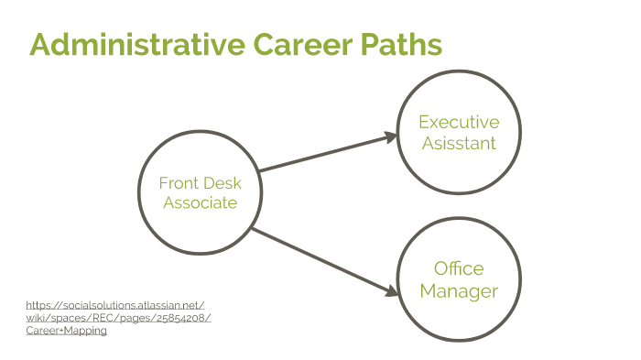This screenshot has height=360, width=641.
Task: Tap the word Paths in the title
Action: coord(399,44)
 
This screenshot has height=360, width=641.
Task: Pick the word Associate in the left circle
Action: coord(201,202)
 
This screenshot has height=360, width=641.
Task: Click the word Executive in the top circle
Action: coord(459,122)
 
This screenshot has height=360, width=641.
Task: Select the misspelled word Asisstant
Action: coord(459,143)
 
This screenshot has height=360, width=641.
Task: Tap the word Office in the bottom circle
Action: coord(459,269)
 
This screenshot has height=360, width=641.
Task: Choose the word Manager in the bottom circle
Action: coord(459,291)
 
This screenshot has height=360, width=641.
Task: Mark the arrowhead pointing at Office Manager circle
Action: coord(392,292)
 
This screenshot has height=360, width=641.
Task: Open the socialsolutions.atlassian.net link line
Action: coord(115,305)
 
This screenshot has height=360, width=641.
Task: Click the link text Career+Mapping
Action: coord(66,330)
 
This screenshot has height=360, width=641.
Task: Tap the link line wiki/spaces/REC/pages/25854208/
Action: coord(118,318)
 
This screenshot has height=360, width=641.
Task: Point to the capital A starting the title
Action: coord(40,44)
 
